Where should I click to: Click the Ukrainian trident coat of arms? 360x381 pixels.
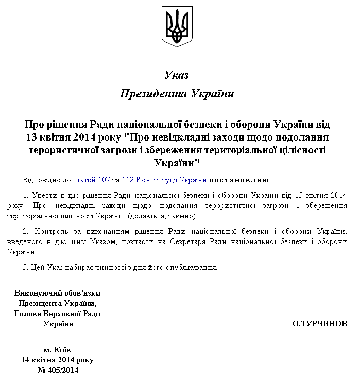(x=177, y=26)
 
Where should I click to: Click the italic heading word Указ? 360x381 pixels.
(x=177, y=75)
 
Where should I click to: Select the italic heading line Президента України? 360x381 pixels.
(x=177, y=94)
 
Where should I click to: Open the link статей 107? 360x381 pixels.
(x=92, y=180)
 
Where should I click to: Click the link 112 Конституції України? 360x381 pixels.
(x=164, y=180)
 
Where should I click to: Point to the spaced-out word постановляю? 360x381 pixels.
(x=239, y=180)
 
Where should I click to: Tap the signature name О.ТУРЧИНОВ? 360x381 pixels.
(x=319, y=324)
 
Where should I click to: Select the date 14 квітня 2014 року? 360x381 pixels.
(x=57, y=359)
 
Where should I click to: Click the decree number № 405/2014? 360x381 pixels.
(x=57, y=370)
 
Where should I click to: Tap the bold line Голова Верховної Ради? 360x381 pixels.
(x=57, y=314)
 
